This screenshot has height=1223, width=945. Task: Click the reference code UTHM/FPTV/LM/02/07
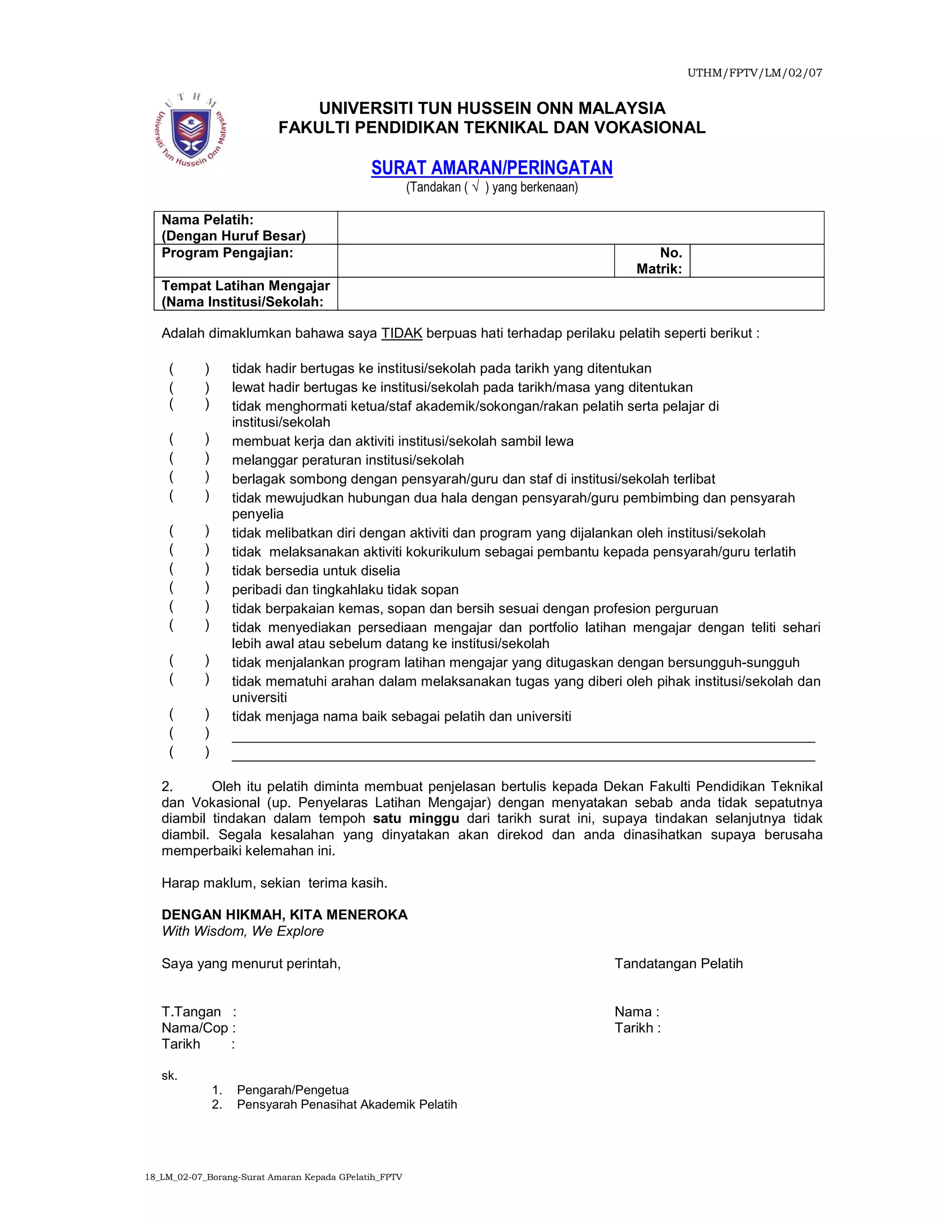tap(754, 73)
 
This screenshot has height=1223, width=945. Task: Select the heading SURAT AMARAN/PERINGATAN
tap(491, 168)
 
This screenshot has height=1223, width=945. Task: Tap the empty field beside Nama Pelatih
tap(580, 228)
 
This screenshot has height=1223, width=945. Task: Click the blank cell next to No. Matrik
tap(756, 261)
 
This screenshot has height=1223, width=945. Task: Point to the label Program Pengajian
tap(227, 252)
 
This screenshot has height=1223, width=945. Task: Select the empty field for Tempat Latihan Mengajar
tap(580, 294)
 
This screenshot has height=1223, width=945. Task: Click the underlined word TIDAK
tap(401, 334)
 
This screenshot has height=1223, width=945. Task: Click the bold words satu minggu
tap(415, 819)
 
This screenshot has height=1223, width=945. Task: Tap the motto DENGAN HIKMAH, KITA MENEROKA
tap(284, 915)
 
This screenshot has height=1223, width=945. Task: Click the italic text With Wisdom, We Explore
tap(242, 931)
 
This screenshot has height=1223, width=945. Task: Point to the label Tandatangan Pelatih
tap(678, 964)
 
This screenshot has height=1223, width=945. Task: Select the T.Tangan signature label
tap(191, 1012)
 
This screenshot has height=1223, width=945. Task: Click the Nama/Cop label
tap(195, 1028)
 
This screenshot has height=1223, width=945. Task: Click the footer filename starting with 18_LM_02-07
tap(273, 1177)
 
